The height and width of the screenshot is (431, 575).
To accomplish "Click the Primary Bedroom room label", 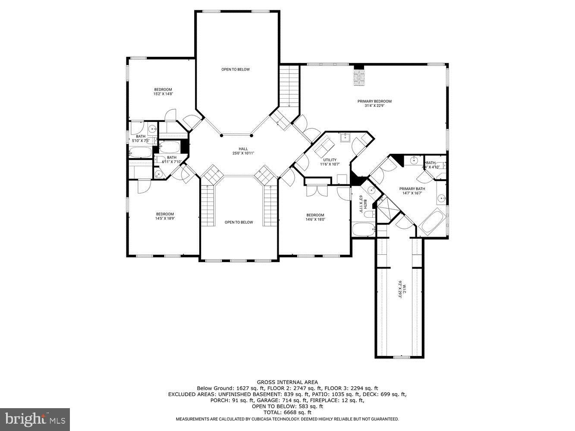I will pos(374,101).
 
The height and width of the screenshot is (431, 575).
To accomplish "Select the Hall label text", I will pos(243,149).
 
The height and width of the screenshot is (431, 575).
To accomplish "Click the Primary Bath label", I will pos(412,189).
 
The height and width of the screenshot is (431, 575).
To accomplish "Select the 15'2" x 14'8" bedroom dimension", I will pos(163,94).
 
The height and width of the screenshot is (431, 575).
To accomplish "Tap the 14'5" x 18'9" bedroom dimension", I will pos(165,219).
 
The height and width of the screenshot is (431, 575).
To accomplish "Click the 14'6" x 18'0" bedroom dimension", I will pos(315,219).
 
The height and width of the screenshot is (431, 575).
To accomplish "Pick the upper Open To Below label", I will pos(236,69).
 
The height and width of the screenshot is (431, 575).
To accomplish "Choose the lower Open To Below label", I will pos(239,222).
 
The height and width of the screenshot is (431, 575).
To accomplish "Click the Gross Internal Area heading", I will pos(287,382).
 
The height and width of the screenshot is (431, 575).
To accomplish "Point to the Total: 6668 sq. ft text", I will pos(287,412).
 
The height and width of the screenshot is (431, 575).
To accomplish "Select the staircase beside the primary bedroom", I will pos(289,86).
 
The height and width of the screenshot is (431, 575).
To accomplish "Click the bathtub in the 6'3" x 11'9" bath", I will pos(363,229).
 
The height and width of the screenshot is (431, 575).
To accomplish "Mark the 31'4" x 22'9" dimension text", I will pos(374,105).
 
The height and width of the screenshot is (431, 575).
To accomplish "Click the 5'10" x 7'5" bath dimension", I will pos(140,141).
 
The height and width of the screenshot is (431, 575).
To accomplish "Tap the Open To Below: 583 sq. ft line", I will pos(287,406).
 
